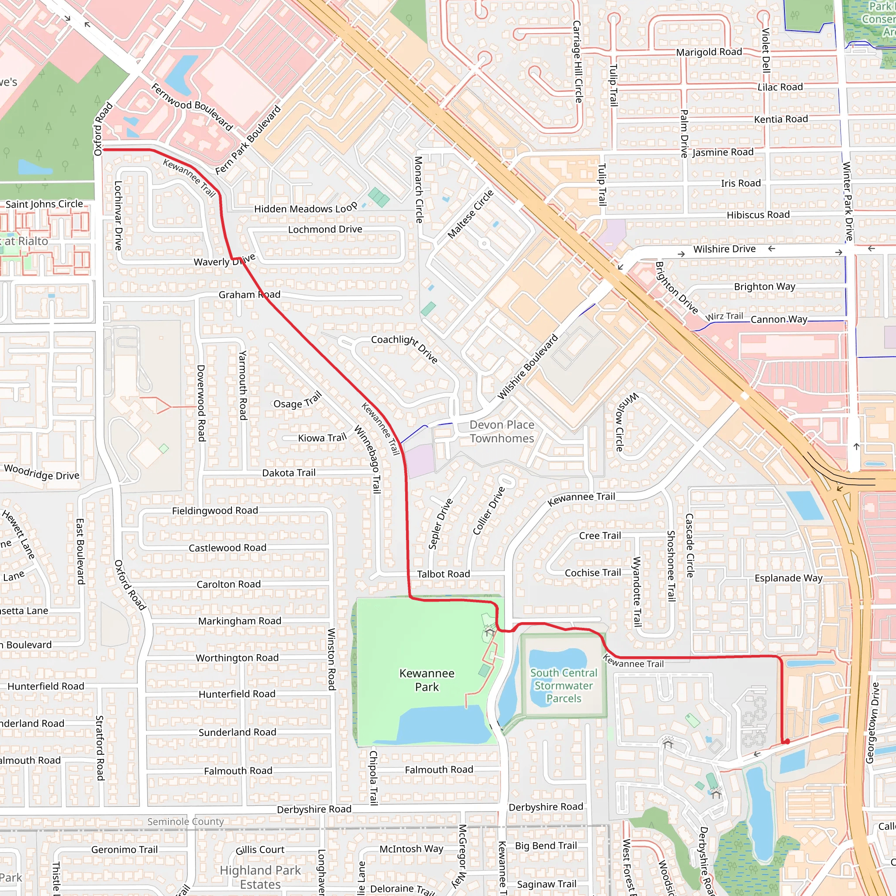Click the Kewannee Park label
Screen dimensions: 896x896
point(427,680)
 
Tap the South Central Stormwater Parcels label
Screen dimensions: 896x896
point(563,686)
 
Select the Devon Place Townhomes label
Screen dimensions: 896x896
point(501,431)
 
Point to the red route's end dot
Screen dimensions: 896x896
point(787,742)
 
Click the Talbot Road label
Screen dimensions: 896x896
point(443,574)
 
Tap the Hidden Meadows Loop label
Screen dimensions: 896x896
point(306,208)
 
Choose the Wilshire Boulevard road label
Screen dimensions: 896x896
point(527,366)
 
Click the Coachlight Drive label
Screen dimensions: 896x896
point(404,348)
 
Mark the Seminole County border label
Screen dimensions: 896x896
point(185,821)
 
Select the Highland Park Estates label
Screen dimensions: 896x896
point(260,877)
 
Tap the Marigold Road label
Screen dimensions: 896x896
point(709,52)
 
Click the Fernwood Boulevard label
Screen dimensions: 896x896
point(192,106)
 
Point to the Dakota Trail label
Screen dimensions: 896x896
point(288,472)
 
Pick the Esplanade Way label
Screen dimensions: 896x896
point(788,578)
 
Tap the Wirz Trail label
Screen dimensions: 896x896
point(724,316)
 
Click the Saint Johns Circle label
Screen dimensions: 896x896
point(44,204)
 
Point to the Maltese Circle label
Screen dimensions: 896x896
point(470,214)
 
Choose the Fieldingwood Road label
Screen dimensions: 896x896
point(215,511)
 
